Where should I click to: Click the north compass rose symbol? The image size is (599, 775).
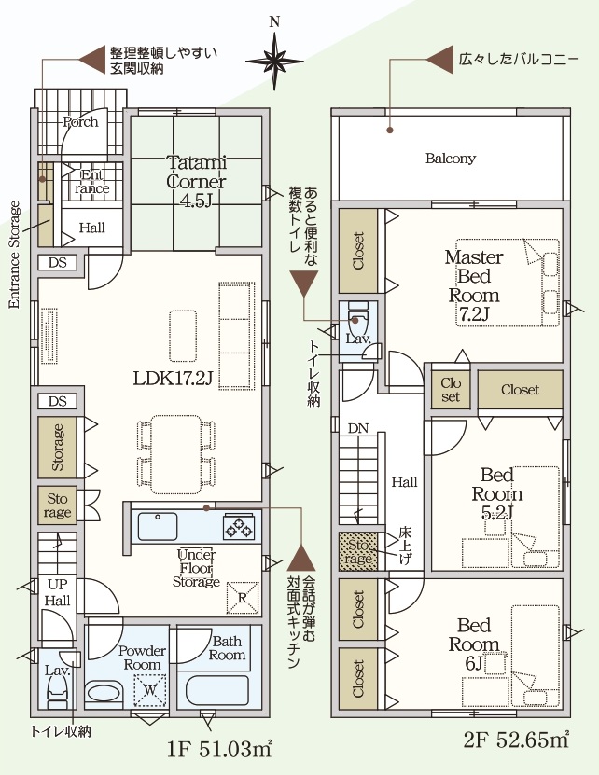point(274,61)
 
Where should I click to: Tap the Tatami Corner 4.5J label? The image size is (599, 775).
point(196,181)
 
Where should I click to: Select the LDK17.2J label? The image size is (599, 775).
point(174,379)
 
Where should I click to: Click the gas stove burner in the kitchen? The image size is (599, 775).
point(240,526)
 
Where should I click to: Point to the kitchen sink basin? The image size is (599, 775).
point(158,526)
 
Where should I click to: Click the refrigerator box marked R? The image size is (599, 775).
point(243,598)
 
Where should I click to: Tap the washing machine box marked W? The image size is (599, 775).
point(150,689)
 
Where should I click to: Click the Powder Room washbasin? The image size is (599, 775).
point(104,691)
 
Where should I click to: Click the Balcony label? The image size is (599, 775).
point(450,159)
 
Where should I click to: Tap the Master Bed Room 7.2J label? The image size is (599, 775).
point(473,285)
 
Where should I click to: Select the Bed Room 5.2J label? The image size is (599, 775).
point(496,493)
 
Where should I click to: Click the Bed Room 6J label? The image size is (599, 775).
point(473,644)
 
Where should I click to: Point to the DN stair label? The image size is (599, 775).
point(357,428)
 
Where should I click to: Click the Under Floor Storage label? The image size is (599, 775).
point(196,568)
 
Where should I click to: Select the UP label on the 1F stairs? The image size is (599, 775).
point(57,584)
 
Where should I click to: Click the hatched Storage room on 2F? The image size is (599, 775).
point(358,551)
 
